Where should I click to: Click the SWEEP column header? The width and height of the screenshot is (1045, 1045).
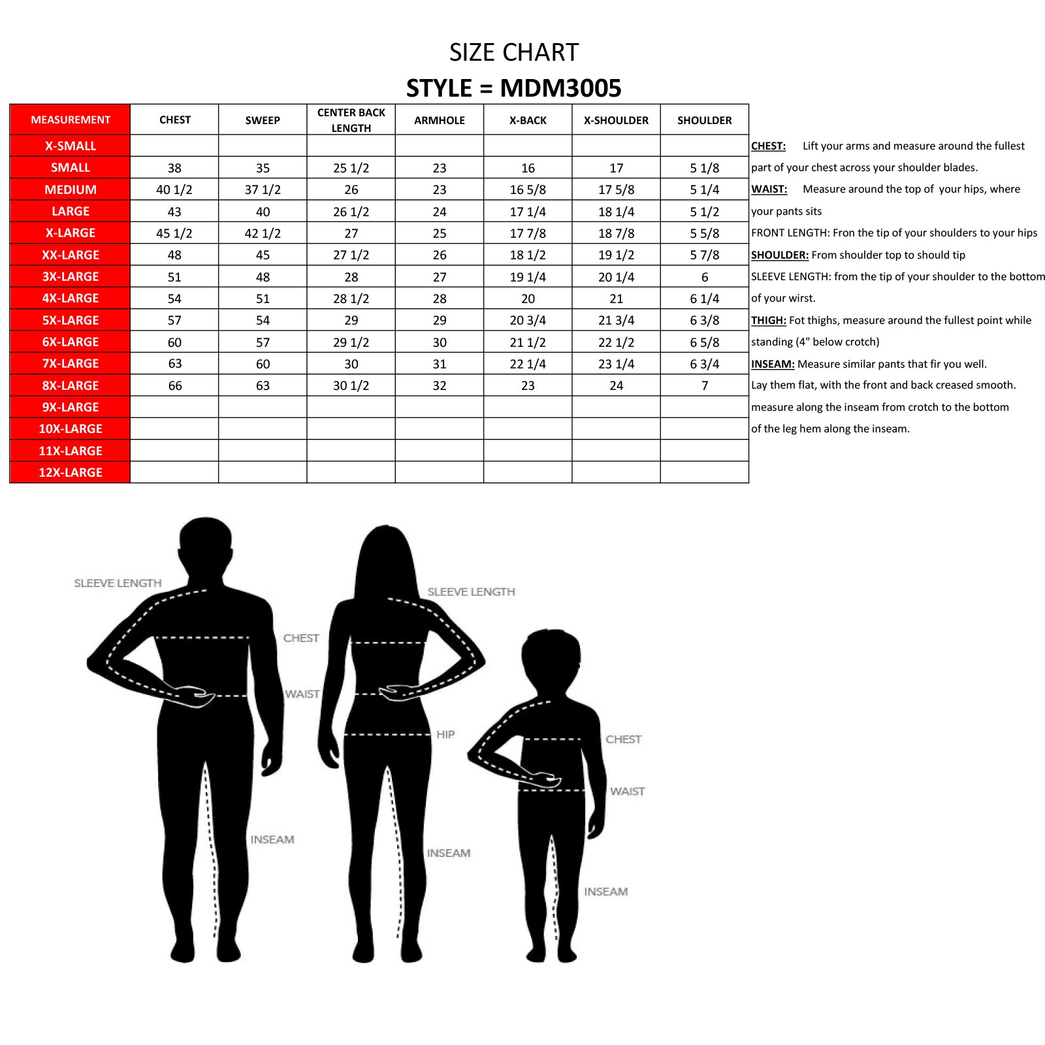[263, 120]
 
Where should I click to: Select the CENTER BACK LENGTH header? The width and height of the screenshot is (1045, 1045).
[351, 120]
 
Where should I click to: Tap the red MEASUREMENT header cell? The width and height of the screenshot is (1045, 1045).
[71, 120]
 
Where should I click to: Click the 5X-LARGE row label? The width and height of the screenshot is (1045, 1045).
[71, 320]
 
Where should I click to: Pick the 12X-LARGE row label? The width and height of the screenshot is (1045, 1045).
[71, 472]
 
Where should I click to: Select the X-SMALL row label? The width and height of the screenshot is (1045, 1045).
[71, 146]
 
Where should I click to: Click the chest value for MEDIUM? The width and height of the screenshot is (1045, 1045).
[174, 189]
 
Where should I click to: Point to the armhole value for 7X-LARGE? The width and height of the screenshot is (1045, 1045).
[440, 364]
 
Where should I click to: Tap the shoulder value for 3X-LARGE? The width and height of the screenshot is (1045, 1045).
[705, 277]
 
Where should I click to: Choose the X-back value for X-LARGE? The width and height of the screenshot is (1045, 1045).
[528, 233]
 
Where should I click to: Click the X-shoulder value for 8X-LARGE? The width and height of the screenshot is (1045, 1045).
[616, 385]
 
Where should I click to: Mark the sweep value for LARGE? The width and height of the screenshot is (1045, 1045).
[263, 212]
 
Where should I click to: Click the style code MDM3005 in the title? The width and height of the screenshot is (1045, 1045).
[560, 88]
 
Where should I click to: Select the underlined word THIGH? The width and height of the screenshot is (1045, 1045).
[768, 320]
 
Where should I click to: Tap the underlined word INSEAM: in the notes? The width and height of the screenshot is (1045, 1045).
[773, 364]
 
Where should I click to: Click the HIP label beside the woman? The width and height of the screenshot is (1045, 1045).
[445, 735]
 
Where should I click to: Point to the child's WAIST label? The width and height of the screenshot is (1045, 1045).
[627, 792]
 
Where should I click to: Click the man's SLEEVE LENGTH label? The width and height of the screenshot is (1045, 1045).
[118, 583]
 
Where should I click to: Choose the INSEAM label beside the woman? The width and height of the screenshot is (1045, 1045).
[449, 853]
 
